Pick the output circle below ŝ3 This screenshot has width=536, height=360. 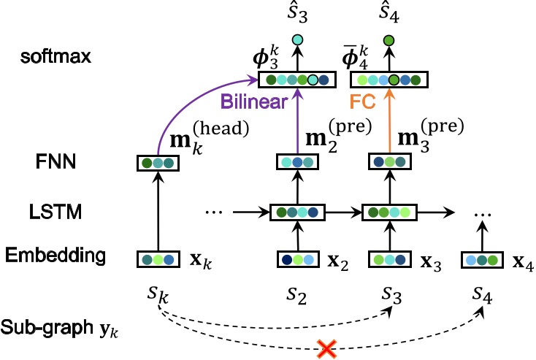tap(297, 40)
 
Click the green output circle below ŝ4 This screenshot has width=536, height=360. tap(388, 40)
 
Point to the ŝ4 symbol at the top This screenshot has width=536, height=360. tap(388, 13)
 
